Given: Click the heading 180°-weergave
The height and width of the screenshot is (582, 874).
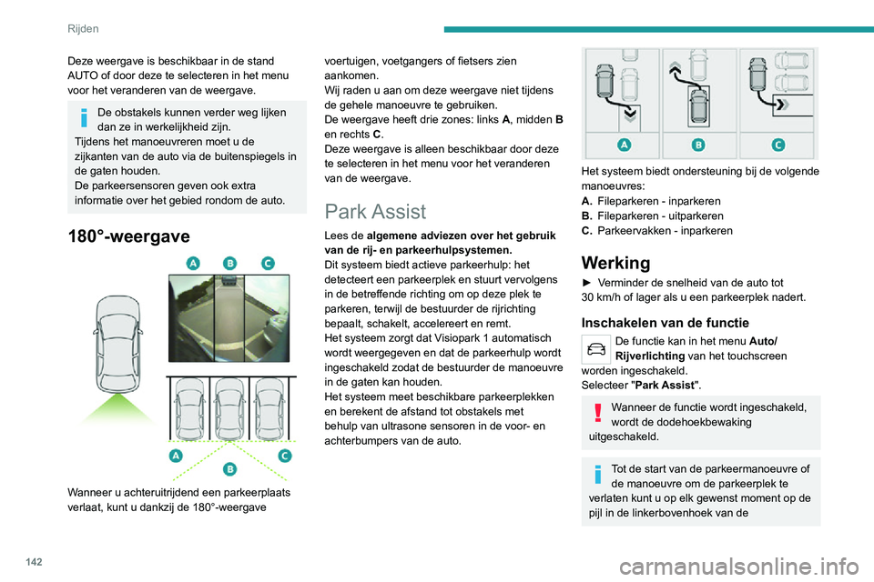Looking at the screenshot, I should [128, 236].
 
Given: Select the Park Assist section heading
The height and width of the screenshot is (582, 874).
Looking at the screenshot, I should [375, 211].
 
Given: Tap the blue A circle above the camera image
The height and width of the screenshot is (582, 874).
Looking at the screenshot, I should [192, 263].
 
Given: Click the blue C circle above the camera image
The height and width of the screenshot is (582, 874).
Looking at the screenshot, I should [267, 263].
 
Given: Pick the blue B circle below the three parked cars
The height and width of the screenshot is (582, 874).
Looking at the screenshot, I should [230, 467].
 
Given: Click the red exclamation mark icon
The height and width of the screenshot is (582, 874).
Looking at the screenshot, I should [597, 413].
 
